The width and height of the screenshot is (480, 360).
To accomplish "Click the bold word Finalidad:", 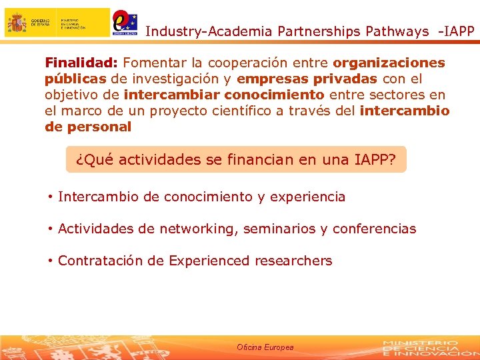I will coord(81,63).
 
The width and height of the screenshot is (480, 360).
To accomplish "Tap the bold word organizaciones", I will coord(389,63).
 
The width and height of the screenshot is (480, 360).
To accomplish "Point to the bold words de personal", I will coord(88,127).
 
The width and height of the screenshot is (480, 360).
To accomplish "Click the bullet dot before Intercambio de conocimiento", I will coord(50,197).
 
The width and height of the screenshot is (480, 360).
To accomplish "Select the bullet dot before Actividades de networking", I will coord(50,229).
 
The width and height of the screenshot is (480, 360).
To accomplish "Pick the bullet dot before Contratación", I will coord(50,261).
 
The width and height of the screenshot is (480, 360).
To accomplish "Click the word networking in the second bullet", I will coord(197,229).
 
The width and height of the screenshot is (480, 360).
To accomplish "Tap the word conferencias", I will coord(374,229).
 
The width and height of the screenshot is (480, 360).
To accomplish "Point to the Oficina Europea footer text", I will coord(265,347).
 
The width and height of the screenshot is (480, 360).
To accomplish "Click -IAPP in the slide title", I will coord(456,31).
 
